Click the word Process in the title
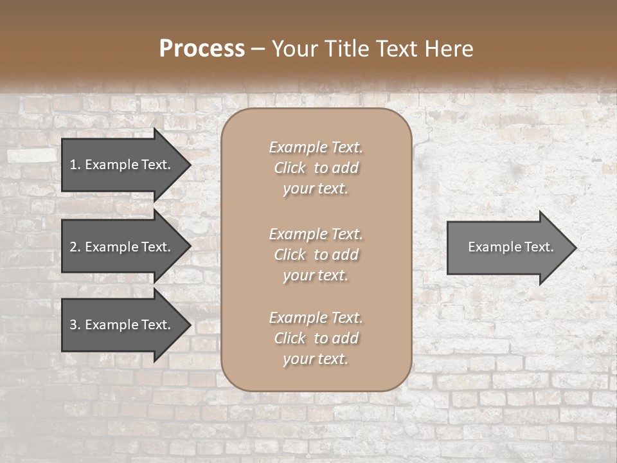pos(202,49)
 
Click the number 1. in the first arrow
pos(75,165)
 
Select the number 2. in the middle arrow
pos(75,247)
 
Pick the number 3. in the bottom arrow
pos(75,325)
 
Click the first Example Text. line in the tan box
pos(316,147)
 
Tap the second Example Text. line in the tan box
pos(316,234)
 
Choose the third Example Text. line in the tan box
pos(316,318)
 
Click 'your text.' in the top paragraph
pos(316,189)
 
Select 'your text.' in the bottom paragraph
pos(316,359)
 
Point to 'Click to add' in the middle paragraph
pos(316,255)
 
